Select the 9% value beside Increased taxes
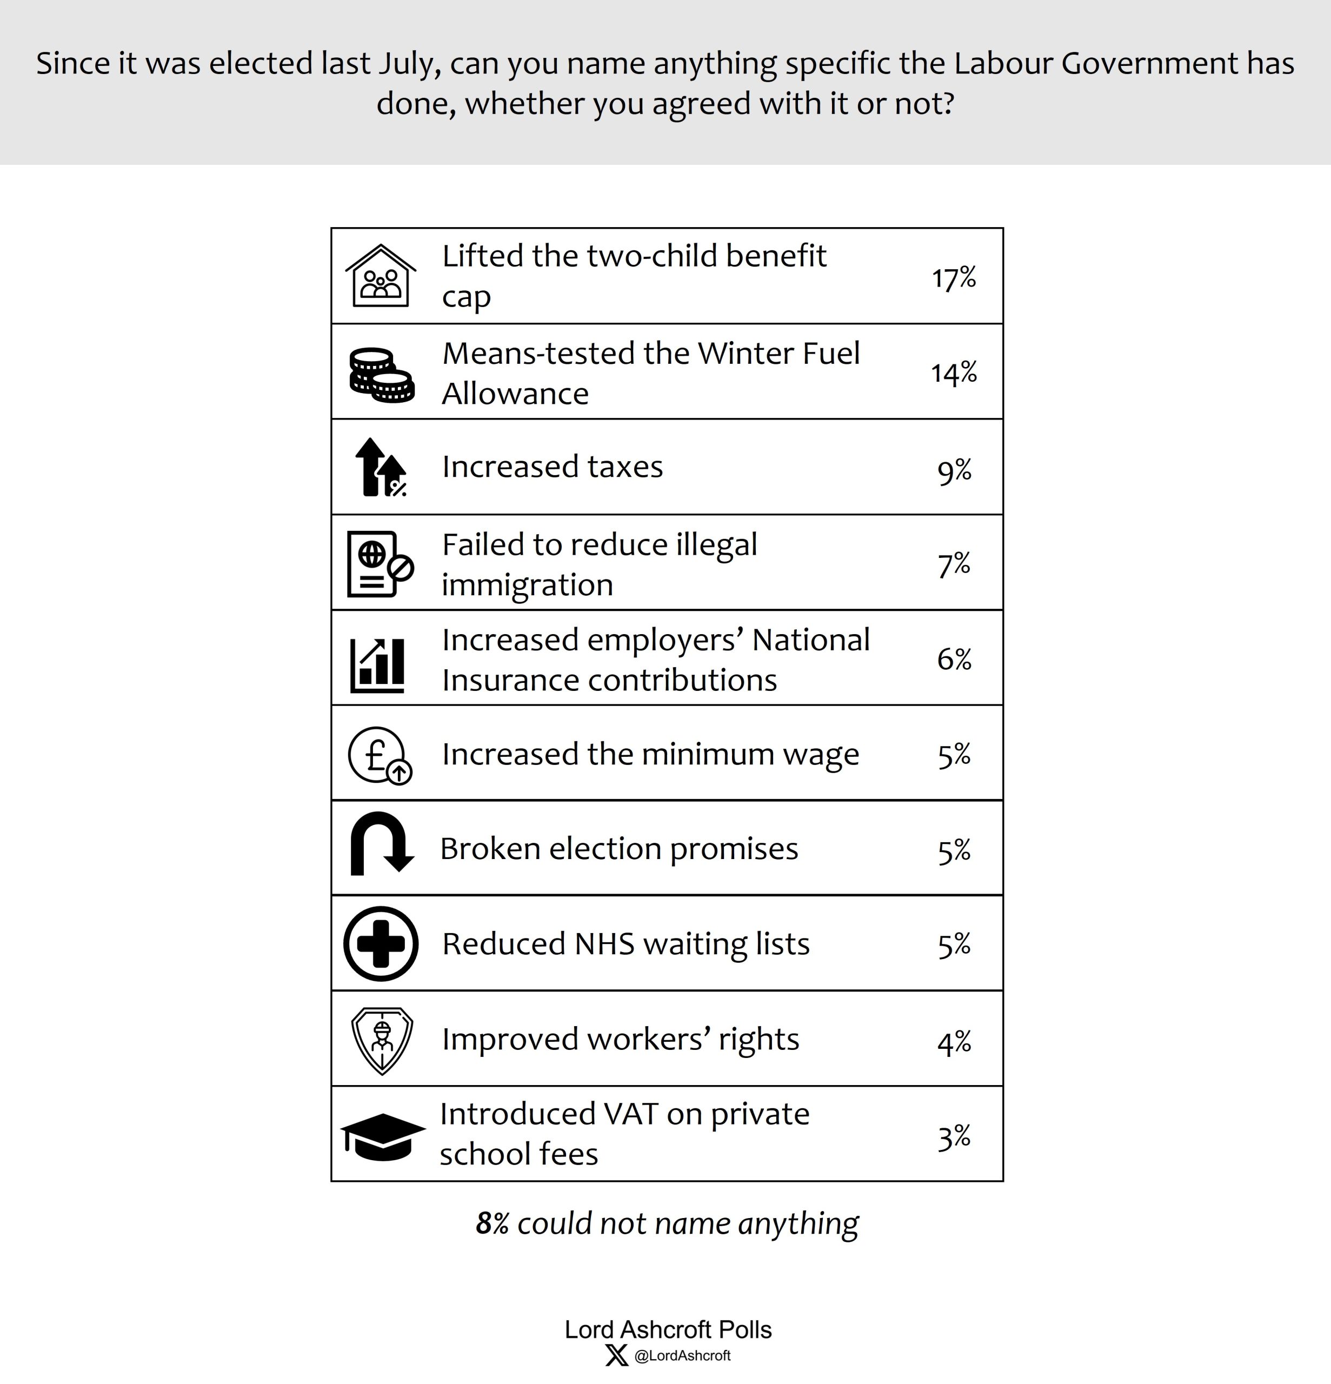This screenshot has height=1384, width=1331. click(954, 470)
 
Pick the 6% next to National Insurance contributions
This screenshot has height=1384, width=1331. click(954, 660)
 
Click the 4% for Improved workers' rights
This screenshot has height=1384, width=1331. click(954, 1042)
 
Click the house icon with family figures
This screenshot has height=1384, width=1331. click(381, 276)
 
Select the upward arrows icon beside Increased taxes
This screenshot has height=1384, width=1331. click(381, 468)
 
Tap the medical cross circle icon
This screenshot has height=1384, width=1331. click(381, 943)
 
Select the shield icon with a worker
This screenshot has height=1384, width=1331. click(382, 1040)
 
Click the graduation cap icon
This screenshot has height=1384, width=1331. click(383, 1137)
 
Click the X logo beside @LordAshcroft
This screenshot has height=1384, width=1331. click(616, 1355)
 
